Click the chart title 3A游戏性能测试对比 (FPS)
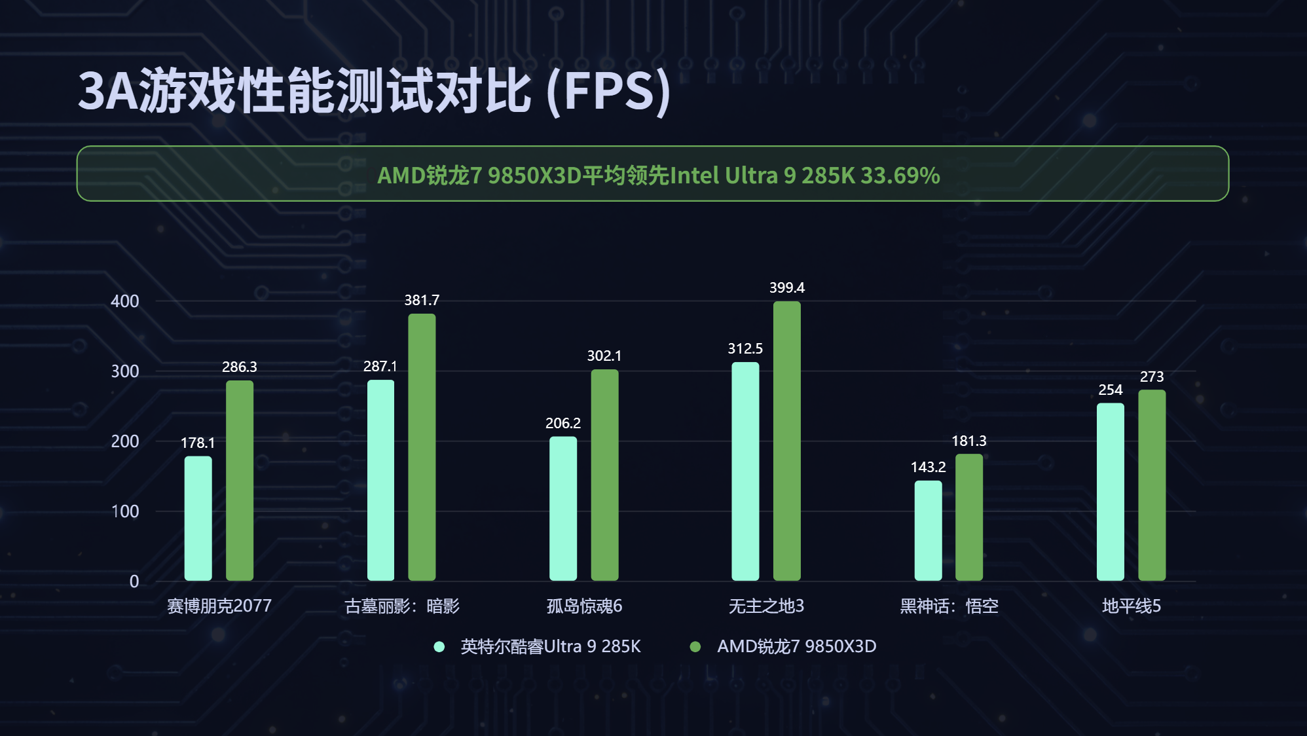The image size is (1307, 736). click(374, 91)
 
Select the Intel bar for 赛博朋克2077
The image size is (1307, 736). click(198, 519)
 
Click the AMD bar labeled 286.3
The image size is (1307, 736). click(240, 481)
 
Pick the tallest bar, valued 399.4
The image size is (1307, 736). click(786, 441)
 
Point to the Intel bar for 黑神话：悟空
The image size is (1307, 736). click(928, 530)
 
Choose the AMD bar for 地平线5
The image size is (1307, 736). click(1152, 485)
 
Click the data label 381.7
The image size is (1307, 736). click(422, 300)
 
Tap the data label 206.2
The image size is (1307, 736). click(563, 423)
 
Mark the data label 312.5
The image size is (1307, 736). click(745, 348)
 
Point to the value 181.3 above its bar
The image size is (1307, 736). click(968, 441)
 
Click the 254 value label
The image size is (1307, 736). click(1110, 390)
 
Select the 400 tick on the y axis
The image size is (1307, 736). click(125, 301)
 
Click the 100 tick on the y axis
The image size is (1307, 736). click(125, 511)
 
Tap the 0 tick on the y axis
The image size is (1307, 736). click(134, 581)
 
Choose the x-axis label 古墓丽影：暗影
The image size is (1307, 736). click(402, 606)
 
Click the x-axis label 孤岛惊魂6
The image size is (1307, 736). click(584, 606)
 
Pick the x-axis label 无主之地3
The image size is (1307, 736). click(766, 606)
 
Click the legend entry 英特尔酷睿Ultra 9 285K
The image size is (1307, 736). click(550, 646)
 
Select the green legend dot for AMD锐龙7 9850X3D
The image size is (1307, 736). click(695, 647)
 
